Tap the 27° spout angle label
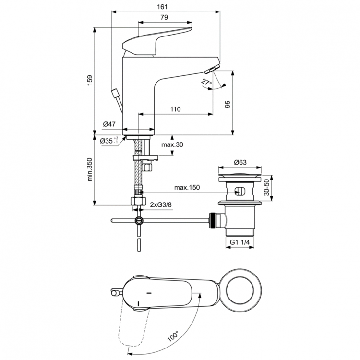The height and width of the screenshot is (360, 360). (206, 82)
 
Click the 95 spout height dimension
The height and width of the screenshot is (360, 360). (228, 104)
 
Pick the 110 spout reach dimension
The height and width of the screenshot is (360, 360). (175, 109)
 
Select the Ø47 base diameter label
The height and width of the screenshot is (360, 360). (109, 124)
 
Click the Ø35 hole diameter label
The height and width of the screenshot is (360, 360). (109, 141)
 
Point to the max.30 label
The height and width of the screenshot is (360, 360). (172, 144)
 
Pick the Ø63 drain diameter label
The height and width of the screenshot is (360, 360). (240, 162)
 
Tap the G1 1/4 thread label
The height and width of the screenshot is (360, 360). (238, 243)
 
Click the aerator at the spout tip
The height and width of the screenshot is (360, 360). (210, 71)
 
